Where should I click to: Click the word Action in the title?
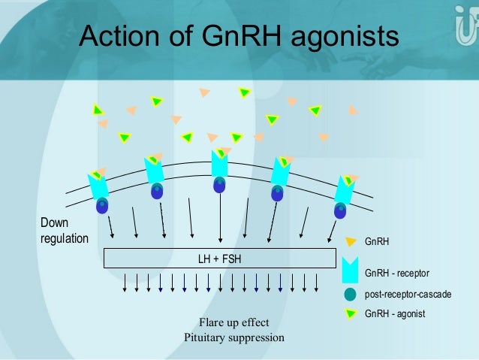pyautogui.click(x=120, y=35)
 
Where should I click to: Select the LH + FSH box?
pyautogui.click(x=219, y=259)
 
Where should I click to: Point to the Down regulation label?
pyautogui.click(x=64, y=231)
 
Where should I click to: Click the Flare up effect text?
pyautogui.click(x=233, y=323)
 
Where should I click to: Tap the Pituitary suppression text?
pyautogui.click(x=233, y=337)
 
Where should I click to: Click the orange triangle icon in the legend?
pyautogui.click(x=350, y=242)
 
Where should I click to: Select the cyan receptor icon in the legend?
pyautogui.click(x=350, y=268)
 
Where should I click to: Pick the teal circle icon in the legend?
pyautogui.click(x=350, y=294)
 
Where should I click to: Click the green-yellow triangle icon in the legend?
pyautogui.click(x=350, y=312)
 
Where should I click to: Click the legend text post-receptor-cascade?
pyautogui.click(x=408, y=294)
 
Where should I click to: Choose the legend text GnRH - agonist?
pyautogui.click(x=395, y=313)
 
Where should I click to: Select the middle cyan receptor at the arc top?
pyautogui.click(x=219, y=165)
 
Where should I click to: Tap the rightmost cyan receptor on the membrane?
pyautogui.click(x=344, y=190)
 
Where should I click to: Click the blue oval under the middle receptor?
pyautogui.click(x=219, y=185)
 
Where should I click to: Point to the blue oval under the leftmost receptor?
pyautogui.click(x=102, y=204)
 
